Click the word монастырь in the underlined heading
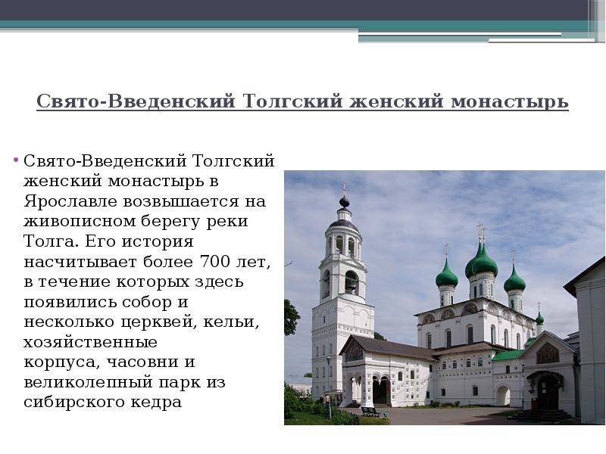pos(510,101)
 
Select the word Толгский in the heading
pos(293,101)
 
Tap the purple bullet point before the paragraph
pos(16,159)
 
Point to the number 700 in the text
pos(215,262)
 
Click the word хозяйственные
pos(91,343)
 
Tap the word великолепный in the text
pos(88,383)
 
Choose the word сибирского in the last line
pos(74,403)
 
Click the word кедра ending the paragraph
pos(157,403)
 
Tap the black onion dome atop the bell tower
pos(344,201)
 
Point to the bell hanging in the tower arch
pos(351,285)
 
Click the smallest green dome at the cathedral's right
pos(539,319)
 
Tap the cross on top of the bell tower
pos(344,188)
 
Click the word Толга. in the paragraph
pos(50,241)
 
